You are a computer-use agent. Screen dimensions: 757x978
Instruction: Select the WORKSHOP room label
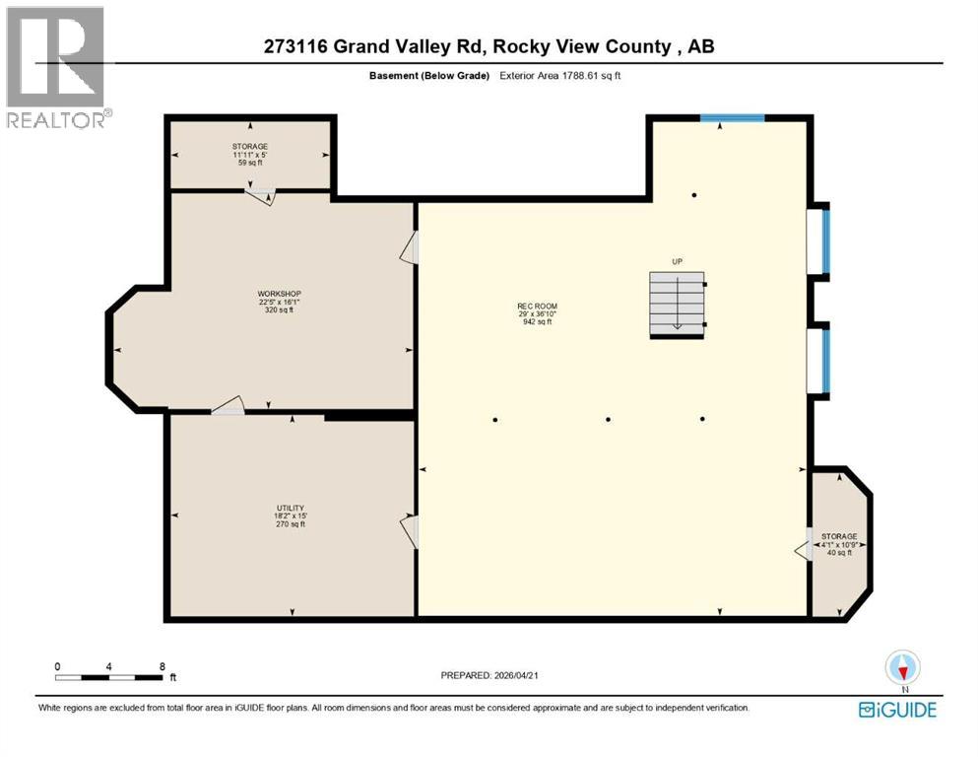pyautogui.click(x=278, y=302)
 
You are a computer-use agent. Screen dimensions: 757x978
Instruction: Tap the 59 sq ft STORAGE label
pyautogui.click(x=249, y=154)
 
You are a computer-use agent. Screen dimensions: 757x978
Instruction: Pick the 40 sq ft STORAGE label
pyautogui.click(x=839, y=544)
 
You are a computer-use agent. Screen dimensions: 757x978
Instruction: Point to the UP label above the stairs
pyautogui.click(x=677, y=261)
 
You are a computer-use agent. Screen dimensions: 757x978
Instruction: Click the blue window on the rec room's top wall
pyautogui.click(x=732, y=118)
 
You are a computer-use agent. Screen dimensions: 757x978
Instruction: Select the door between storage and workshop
pyautogui.click(x=260, y=195)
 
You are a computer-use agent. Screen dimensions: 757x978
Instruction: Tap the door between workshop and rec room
pyautogui.click(x=410, y=248)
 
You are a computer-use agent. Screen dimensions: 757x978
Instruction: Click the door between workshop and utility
pyautogui.click(x=228, y=405)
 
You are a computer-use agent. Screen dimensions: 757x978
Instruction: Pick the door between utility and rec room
pyautogui.click(x=410, y=531)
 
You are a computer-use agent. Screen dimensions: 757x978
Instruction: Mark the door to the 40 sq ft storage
pyautogui.click(x=804, y=544)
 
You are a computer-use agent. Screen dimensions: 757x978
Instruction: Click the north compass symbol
pyautogui.click(x=903, y=668)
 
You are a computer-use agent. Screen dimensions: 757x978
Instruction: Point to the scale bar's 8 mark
pyautogui.click(x=162, y=666)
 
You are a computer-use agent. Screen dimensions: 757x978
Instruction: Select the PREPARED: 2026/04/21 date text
pyautogui.click(x=489, y=675)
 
